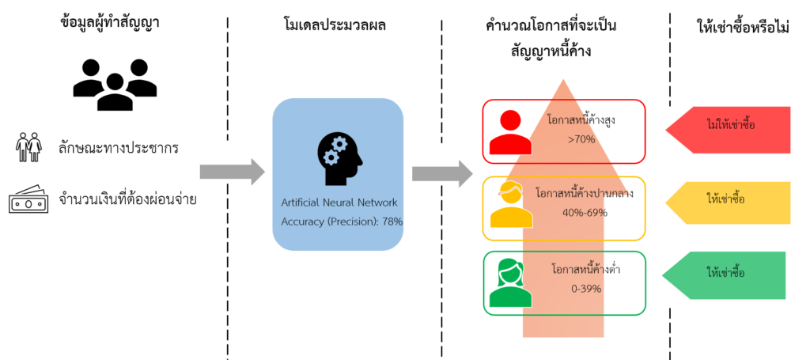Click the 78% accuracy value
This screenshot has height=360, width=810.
click(391, 222)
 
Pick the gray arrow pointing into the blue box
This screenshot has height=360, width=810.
click(231, 170)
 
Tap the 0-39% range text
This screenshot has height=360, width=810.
click(585, 288)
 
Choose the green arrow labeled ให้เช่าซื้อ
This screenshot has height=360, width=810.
click(724, 274)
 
